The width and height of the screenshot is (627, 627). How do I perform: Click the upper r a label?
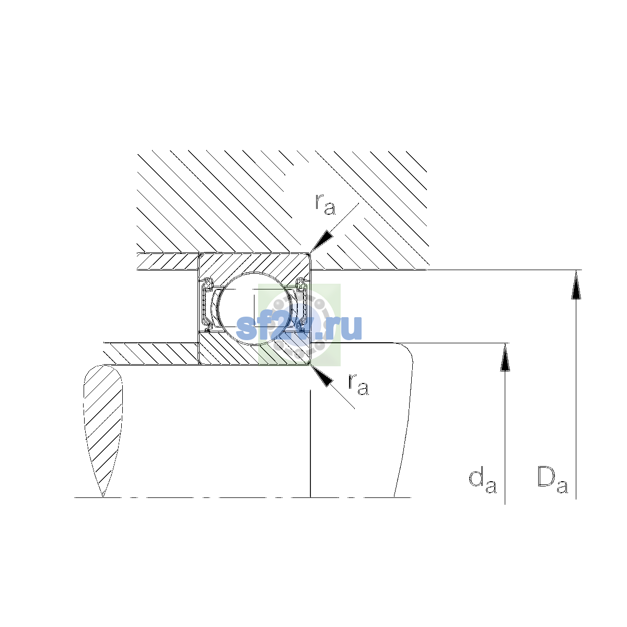click(325, 204)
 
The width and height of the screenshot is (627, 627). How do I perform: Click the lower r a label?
click(358, 384)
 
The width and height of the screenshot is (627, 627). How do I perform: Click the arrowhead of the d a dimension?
click(505, 357)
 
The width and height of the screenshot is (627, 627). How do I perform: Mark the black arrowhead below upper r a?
click(321, 241)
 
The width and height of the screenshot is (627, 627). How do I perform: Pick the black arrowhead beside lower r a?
click(321, 376)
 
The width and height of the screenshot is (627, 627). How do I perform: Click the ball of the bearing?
click(255, 307)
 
